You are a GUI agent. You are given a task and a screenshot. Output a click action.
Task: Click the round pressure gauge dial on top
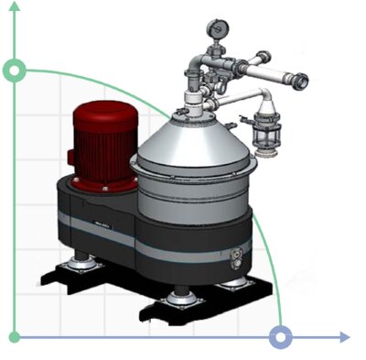pyautogui.click(x=215, y=27)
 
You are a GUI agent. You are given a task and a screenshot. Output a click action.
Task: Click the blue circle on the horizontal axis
pyautogui.click(x=281, y=337)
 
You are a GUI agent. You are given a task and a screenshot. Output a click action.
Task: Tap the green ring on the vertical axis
pyautogui.click(x=15, y=70)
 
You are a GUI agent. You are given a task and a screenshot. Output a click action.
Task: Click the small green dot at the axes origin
pyautogui.click(x=15, y=337)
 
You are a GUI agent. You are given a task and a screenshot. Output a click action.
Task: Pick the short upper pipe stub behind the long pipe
pyautogui.click(x=250, y=64)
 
